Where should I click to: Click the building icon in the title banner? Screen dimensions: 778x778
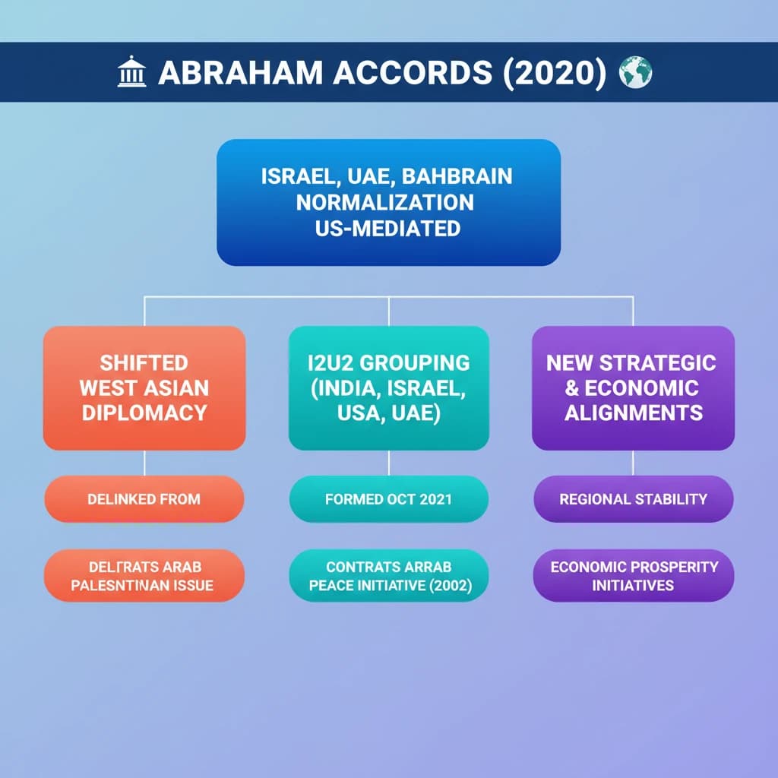pos(131,74)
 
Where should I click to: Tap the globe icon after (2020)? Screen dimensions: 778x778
pos(636,73)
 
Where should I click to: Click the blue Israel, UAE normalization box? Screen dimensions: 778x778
pos(388,202)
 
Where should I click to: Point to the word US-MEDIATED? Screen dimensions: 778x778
pos(387,228)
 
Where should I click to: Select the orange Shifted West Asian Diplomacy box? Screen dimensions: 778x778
pos(144,387)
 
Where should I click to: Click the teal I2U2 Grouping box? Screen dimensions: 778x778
pos(388,387)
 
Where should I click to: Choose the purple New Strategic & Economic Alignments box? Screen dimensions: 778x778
pos(633,387)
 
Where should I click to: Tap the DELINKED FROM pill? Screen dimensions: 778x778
pos(144,499)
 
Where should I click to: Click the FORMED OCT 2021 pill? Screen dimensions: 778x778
pos(388,499)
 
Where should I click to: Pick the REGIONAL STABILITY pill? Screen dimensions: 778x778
pos(633,499)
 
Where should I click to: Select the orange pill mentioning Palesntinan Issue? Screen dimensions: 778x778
pos(144,576)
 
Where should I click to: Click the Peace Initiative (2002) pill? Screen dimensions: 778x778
pos(388,576)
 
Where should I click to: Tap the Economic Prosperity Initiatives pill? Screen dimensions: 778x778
pos(633,576)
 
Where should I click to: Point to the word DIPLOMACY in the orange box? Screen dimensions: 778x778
pos(144,413)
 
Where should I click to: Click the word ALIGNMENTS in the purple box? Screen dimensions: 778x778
pos(633,413)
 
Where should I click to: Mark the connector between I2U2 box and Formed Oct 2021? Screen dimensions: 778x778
pos(388,463)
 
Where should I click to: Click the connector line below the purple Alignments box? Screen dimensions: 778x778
pos(633,463)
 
